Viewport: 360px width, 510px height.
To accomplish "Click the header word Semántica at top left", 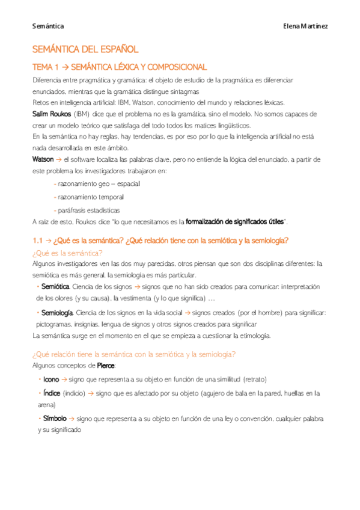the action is pos(47,26).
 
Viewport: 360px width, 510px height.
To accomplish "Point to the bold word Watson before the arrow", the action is pos(43,159).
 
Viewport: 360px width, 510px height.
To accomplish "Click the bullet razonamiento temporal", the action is pos(90,197).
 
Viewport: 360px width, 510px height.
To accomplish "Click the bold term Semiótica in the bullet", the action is pos(56,286).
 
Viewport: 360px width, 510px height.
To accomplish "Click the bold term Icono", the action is pos(51,379).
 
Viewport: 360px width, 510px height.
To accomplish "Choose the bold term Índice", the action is pos(52,393).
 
